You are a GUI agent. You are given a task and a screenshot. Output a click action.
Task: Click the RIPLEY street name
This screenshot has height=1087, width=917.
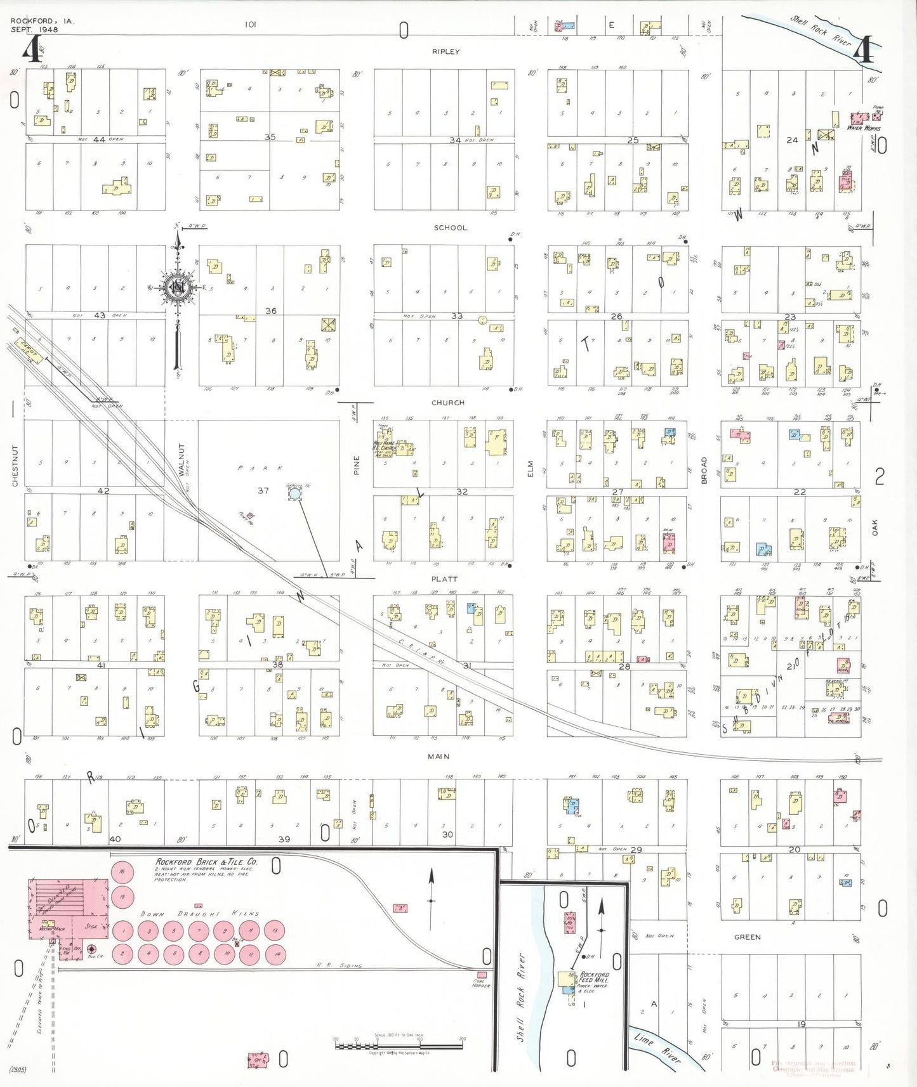coord(445,51)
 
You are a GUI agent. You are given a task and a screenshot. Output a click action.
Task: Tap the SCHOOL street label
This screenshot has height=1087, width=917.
coord(450,228)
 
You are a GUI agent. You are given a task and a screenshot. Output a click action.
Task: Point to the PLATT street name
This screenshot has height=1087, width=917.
coord(444,579)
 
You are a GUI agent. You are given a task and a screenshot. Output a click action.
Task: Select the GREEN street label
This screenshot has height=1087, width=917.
coord(747,937)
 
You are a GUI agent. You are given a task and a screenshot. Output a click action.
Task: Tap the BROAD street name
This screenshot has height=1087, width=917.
coord(704,470)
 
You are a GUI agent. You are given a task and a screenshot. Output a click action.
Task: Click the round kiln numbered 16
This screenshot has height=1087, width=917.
coord(122,873)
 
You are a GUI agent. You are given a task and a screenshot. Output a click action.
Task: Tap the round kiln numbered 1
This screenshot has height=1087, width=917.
coord(122,931)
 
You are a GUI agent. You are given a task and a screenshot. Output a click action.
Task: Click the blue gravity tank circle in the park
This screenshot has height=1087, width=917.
coord(294,493)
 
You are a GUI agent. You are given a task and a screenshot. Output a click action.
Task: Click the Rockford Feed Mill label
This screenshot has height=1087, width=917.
coord(594,977)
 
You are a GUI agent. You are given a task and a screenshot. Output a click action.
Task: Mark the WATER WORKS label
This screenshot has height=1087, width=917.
coord(863,128)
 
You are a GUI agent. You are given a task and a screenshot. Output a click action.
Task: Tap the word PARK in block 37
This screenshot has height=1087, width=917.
coord(261,468)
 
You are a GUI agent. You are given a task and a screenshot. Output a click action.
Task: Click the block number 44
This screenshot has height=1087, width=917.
coord(99,140)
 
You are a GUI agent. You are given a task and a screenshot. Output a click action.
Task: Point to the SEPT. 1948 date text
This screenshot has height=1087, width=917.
coord(34,30)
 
